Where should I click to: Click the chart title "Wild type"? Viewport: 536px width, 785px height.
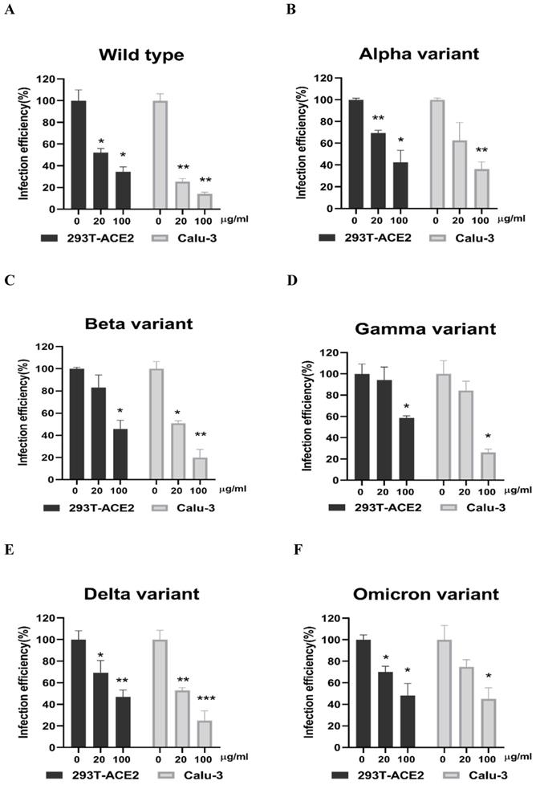(141, 55)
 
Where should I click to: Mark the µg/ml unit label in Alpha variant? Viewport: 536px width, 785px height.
(510, 218)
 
